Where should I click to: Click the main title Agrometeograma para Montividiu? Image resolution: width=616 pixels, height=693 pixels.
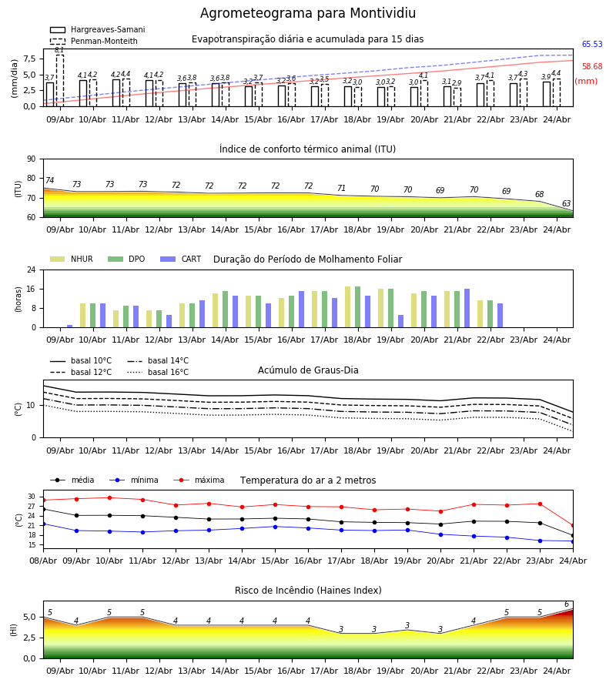pos(307,13)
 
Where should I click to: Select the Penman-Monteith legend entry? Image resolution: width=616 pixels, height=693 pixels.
pos(94,41)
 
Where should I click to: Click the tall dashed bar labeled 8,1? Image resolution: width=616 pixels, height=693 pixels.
pos(59,80)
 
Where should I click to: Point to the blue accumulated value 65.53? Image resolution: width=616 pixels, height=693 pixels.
pos(592,44)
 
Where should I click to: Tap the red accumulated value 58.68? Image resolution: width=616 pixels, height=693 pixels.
pos(592,67)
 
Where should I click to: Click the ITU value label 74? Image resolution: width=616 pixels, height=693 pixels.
pos(49,180)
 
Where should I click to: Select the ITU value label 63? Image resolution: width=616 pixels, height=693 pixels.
pos(566,203)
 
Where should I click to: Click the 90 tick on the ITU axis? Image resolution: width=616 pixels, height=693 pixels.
pos(32,159)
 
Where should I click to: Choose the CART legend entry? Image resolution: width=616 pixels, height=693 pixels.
pos(180,259)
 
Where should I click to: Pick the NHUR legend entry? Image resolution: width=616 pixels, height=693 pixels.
pos(71,259)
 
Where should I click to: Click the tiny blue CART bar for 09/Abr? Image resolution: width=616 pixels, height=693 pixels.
pos(70,326)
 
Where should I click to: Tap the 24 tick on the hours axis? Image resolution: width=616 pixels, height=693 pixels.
pos(32,269)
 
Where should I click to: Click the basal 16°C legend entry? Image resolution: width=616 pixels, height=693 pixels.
pos(158,372)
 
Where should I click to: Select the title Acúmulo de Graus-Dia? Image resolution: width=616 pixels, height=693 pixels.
pos(308,370)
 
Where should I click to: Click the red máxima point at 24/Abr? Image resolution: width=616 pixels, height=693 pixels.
pos(573,525)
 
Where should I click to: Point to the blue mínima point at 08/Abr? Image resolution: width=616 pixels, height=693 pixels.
pos(43,524)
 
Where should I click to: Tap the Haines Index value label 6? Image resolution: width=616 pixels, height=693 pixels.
pos(567,604)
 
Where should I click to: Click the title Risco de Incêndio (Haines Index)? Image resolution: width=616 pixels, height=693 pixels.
pos(308,590)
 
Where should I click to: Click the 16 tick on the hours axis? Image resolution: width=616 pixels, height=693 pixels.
pos(32,289)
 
